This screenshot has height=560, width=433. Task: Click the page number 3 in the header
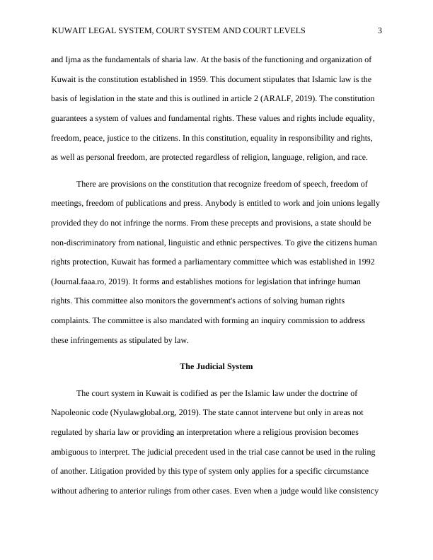(380, 30)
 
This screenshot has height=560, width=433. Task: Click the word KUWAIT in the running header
(71, 30)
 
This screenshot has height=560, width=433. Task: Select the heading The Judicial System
(216, 367)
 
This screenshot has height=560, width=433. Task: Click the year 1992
(364, 262)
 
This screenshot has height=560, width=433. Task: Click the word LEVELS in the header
(289, 30)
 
